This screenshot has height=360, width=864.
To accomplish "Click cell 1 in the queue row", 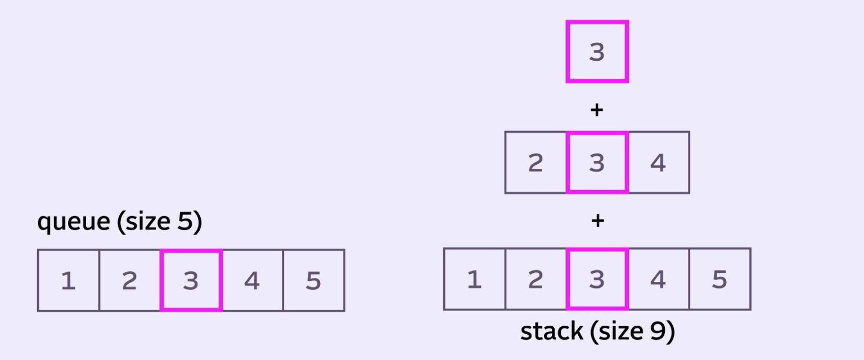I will coord(68,280).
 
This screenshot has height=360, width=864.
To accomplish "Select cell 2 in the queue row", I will coord(129,280).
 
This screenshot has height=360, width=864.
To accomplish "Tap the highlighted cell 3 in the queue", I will coord(191,280).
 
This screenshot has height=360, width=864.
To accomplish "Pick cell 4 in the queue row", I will coord(252,280).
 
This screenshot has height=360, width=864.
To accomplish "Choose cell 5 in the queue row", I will coord(313,280).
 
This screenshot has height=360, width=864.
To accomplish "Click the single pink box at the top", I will coord(596,52).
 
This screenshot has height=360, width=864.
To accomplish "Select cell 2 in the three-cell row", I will coord(535,163).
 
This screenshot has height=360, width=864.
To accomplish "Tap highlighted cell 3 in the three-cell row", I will coord(596,163).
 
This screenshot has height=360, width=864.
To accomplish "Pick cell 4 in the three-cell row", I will coord(658,163).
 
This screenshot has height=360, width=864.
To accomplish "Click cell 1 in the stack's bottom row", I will coord(474,279).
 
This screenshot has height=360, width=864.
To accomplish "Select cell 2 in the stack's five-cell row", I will coord(535,279).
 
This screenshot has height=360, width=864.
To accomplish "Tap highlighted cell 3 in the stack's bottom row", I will coord(596,279).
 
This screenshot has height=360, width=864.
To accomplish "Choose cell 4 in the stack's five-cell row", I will coord(658,279).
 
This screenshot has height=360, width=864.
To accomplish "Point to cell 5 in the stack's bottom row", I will coord(719,279).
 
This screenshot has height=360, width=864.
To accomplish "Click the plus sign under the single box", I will coord(596,110).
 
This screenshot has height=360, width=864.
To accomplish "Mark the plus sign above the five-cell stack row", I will coord(597,221).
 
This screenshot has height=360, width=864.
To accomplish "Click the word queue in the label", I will coord(73,223).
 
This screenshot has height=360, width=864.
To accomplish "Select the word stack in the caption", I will coord(551,332).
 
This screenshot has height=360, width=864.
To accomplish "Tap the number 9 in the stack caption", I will coord(650,332).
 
